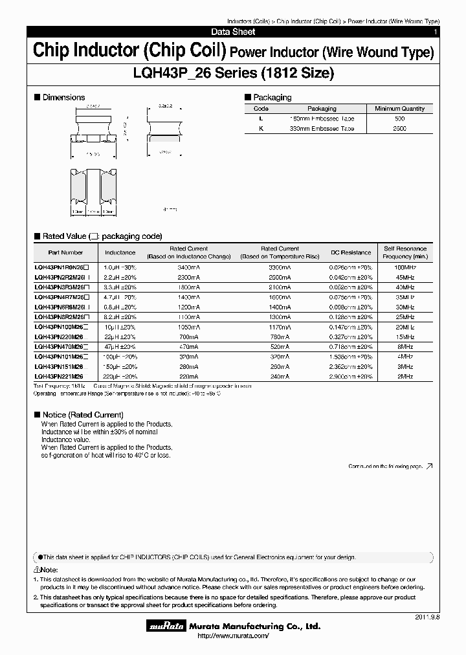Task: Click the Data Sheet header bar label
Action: pyautogui.click(x=233, y=32)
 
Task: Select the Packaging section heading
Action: pyautogui.click(x=271, y=97)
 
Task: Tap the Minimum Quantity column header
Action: pyautogui.click(x=399, y=109)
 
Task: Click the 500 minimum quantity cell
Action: pyautogui.click(x=399, y=119)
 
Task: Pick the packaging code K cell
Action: pyautogui.click(x=261, y=129)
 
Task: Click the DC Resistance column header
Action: pyautogui.click(x=351, y=252)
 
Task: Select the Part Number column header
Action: pyautogui.click(x=65, y=252)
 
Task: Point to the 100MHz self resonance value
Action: pyautogui.click(x=405, y=267)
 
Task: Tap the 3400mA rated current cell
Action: pyautogui.click(x=189, y=267)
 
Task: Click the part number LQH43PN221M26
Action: pyautogui.click(x=59, y=376)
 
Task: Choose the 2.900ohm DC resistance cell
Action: pyautogui.click(x=351, y=376)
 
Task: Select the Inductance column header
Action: pyautogui.click(x=120, y=252)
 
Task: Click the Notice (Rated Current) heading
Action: pyautogui.click(x=82, y=414)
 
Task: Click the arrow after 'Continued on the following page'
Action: pyautogui.click(x=429, y=466)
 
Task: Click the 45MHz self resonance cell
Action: pyautogui.click(x=405, y=276)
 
